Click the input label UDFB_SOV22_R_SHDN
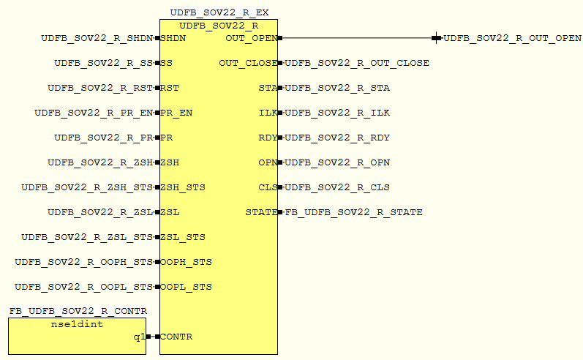(x=97, y=38)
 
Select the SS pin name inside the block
(x=167, y=63)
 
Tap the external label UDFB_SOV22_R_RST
(x=100, y=88)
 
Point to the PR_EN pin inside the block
(x=176, y=113)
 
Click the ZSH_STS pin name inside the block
(x=183, y=187)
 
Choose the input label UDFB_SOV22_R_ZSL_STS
(x=87, y=237)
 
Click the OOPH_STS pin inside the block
(x=186, y=262)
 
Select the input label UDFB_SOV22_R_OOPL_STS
(x=84, y=287)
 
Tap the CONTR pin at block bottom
(x=176, y=337)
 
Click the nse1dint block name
(x=77, y=324)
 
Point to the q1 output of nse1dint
(x=138, y=337)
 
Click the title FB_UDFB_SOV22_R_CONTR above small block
(x=78, y=311)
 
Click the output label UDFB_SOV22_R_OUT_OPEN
(x=512, y=38)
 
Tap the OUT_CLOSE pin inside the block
(x=247, y=63)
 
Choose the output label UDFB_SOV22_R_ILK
(x=337, y=113)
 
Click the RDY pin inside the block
(x=267, y=138)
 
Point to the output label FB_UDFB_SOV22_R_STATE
(x=353, y=212)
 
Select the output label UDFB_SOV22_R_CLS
(x=337, y=187)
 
